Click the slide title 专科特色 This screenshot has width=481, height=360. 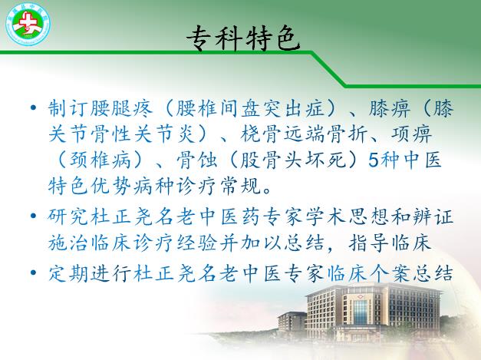coord(243,38)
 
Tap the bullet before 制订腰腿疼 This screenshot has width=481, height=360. coord(34,107)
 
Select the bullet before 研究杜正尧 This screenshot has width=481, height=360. coord(34,216)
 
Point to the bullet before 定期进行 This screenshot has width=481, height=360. coord(34,272)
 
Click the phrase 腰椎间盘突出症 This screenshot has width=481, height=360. coord(250,108)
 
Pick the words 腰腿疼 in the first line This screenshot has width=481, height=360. coord(121,108)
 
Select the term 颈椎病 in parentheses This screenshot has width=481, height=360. coord(100,160)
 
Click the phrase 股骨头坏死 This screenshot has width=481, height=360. coord(294,160)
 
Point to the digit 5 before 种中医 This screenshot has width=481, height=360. coord(373,160)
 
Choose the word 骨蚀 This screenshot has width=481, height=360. coord(197,160)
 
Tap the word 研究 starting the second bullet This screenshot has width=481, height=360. coord(68,216)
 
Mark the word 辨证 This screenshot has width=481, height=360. coord(432,216)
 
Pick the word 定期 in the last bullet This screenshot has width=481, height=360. coord(68,272)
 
